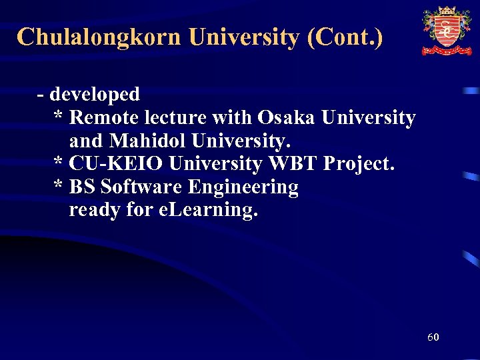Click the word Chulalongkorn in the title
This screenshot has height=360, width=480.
pyautogui.click(x=99, y=37)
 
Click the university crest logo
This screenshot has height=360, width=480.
pyautogui.click(x=446, y=31)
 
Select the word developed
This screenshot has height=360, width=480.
pyautogui.click(x=95, y=95)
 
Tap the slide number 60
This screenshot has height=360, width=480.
pyautogui.click(x=433, y=337)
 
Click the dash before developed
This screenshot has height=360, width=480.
pyautogui.click(x=41, y=95)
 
